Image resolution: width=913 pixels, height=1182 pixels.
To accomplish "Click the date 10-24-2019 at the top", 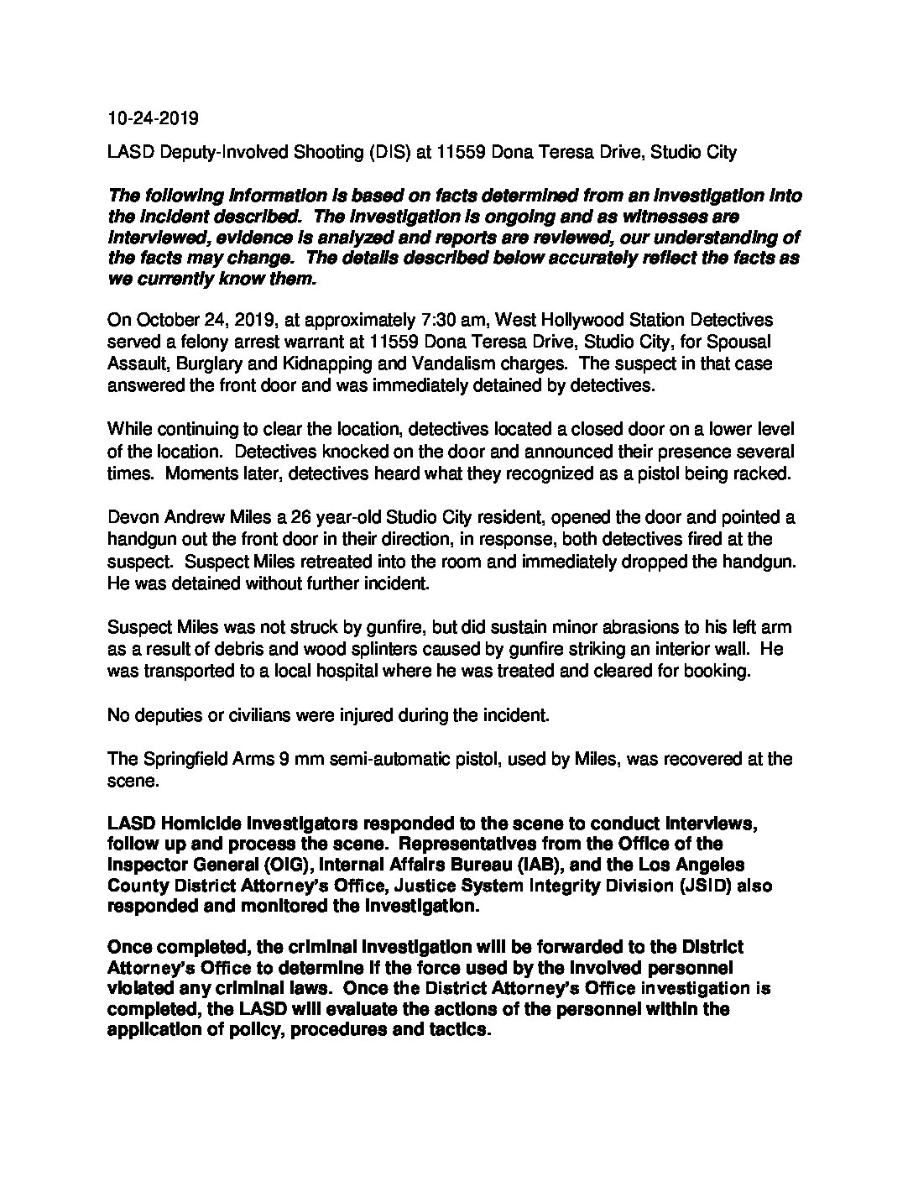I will click(x=153, y=118).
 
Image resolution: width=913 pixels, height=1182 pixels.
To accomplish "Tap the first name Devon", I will click(x=132, y=517).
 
